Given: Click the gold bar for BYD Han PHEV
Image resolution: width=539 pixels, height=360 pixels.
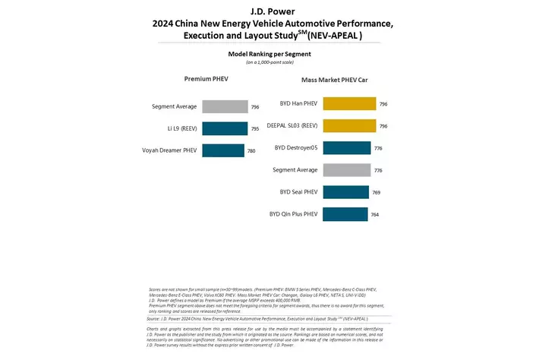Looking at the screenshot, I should (x=349, y=104).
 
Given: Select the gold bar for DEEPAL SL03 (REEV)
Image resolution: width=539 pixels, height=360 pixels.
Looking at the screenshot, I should (x=349, y=126).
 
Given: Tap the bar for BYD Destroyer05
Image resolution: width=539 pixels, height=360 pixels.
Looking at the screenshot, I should (x=347, y=148).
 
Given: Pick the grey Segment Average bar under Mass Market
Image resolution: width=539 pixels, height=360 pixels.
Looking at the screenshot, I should (x=347, y=170).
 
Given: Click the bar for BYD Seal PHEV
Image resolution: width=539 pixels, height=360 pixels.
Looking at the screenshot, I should (x=345, y=192).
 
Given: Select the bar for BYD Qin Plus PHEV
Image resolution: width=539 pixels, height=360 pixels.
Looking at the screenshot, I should (x=345, y=214).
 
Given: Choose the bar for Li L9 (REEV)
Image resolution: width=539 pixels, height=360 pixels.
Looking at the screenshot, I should (x=225, y=128).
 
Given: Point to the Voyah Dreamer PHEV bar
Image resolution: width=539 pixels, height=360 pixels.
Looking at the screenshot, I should (x=223, y=150).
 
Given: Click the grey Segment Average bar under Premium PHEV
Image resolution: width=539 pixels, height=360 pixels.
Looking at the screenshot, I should (x=225, y=106).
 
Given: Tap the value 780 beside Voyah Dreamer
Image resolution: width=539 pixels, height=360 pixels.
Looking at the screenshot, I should (x=251, y=151).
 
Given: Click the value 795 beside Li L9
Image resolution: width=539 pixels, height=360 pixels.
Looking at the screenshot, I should (x=255, y=129).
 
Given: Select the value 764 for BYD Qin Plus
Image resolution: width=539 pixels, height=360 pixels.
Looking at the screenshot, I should (x=374, y=215).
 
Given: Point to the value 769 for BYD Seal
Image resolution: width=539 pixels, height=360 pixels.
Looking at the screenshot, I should (x=376, y=193).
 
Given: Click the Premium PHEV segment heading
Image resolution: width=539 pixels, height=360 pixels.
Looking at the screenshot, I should (x=206, y=79).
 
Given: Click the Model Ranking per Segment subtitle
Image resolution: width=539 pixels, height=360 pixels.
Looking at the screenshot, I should (x=269, y=54).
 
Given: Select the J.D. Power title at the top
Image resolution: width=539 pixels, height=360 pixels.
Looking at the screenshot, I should (x=269, y=11).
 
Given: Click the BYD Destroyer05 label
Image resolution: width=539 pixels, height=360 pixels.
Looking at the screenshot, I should (x=295, y=148).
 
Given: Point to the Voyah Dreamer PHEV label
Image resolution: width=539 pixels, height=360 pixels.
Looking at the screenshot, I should (x=169, y=150).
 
